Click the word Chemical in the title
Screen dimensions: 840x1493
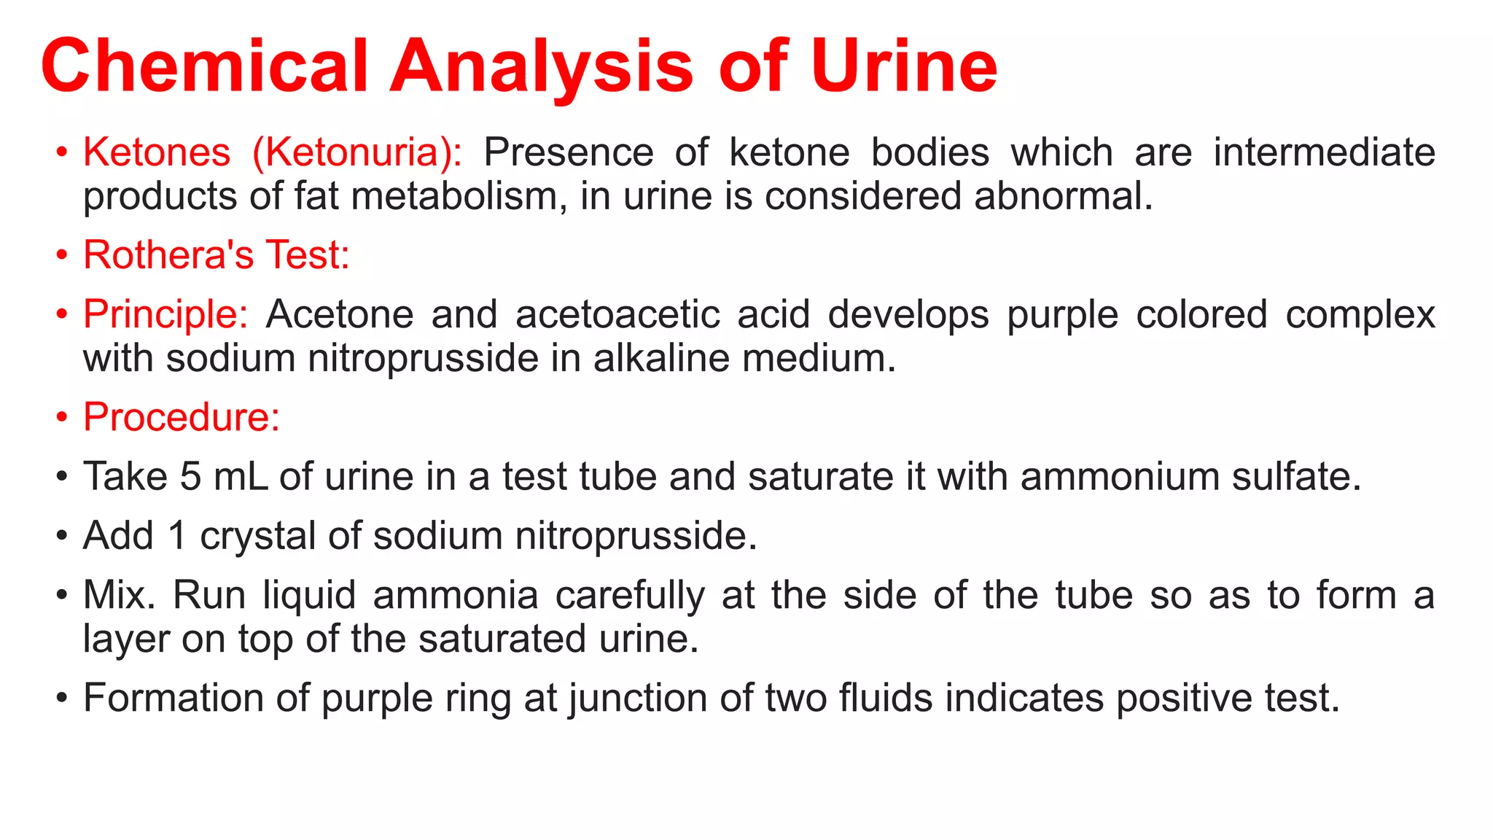pos(205,66)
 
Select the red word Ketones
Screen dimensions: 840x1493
pos(157,152)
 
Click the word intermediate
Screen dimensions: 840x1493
pos(1324,152)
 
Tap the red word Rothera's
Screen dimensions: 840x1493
pos(168,255)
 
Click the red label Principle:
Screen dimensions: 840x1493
pos(165,315)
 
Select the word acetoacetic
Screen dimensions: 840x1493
pos(617,314)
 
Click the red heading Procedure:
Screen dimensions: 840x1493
pos(182,418)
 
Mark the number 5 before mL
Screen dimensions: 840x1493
pos(190,477)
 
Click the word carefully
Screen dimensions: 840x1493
pos(630,596)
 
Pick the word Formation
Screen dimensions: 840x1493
pos(172,698)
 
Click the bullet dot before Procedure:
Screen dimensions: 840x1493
pos(63,419)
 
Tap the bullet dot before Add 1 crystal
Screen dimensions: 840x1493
pos(63,537)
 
